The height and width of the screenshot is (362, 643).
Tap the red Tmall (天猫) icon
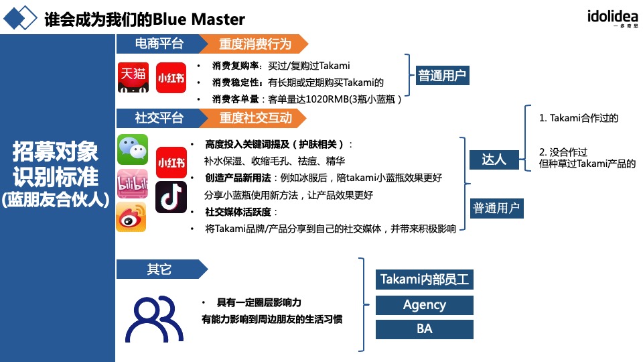tap(133, 77)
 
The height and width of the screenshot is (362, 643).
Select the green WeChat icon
tap(133, 149)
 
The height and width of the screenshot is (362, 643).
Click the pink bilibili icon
tap(132, 184)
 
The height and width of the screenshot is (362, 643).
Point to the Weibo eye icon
tap(131, 217)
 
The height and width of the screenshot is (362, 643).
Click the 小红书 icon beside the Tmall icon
tap(171, 77)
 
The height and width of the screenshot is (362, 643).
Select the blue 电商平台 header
tap(159, 44)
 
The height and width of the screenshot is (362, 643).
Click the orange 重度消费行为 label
tap(255, 44)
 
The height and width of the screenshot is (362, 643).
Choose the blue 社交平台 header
tap(159, 118)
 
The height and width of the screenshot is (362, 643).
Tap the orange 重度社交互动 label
tap(255, 118)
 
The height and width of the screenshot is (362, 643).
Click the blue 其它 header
tap(159, 269)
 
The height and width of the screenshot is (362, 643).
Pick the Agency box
tap(424, 305)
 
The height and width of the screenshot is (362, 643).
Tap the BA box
tap(424, 329)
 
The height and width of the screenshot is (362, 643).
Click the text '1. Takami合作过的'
tap(579, 118)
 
